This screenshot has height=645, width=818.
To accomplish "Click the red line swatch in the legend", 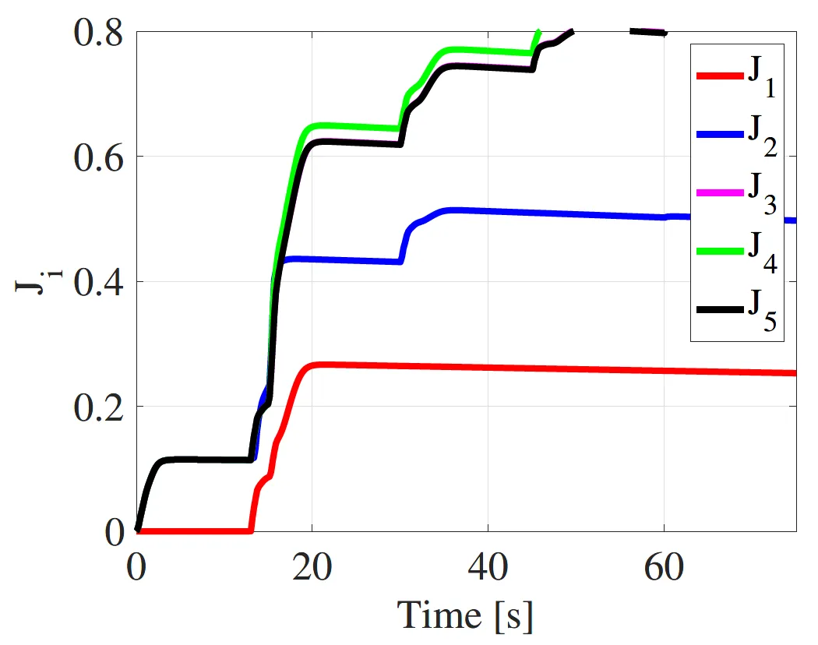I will tap(718, 76).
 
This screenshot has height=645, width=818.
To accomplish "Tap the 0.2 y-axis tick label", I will tap(100, 407).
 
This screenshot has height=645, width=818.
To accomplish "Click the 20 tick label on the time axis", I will tap(312, 568).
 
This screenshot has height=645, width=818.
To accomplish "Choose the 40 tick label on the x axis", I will tap(488, 568).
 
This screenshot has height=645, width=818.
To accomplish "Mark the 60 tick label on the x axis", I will tap(664, 568).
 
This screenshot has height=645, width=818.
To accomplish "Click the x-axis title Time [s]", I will tap(466, 615).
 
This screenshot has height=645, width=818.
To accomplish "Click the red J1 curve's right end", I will tap(795, 373).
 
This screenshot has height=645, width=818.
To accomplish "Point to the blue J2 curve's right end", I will tap(795, 220).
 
